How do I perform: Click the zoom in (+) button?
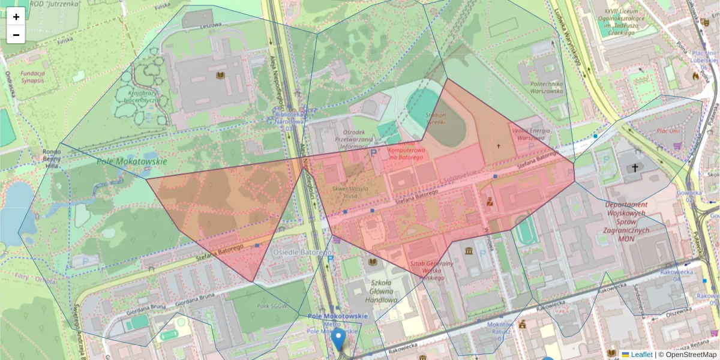tap(16, 17)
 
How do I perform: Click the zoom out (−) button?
tap(16, 35)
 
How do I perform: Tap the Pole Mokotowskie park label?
tap(123, 162)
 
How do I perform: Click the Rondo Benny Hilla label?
tap(52, 155)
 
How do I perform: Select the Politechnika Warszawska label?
tap(547, 88)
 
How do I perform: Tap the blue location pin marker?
tap(339, 338)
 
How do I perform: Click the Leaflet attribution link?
tap(641, 355)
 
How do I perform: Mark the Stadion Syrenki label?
tap(436, 118)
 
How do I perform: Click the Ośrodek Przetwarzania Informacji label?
tap(353, 139)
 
